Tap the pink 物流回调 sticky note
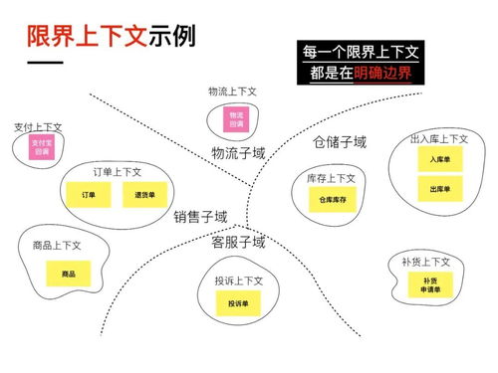click(x=235, y=120)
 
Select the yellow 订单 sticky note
click(x=88, y=195)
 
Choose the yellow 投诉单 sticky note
click(x=237, y=302)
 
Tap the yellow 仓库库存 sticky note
click(x=332, y=200)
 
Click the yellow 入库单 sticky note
click(x=440, y=160)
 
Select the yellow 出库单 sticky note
click(x=440, y=189)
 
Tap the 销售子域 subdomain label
click(x=200, y=216)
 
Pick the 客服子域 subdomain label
click(x=238, y=242)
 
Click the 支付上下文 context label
click(x=38, y=127)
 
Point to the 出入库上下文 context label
click(x=439, y=138)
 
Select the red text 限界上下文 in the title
click(x=87, y=37)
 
